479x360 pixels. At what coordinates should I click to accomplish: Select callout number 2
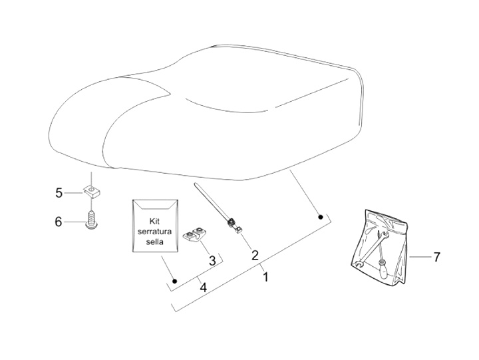tap(255, 255)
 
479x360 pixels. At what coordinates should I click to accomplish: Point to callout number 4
tap(203, 288)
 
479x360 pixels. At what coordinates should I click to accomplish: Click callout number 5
tap(59, 193)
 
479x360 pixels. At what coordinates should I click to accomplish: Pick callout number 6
tap(59, 221)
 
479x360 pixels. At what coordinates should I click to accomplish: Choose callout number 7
tap(436, 257)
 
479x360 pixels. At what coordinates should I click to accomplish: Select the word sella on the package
tap(154, 242)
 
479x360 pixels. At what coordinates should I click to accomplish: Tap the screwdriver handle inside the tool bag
tap(387, 269)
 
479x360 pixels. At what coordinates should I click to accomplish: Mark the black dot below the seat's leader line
tap(320, 217)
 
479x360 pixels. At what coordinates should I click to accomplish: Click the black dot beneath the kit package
tap(174, 281)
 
